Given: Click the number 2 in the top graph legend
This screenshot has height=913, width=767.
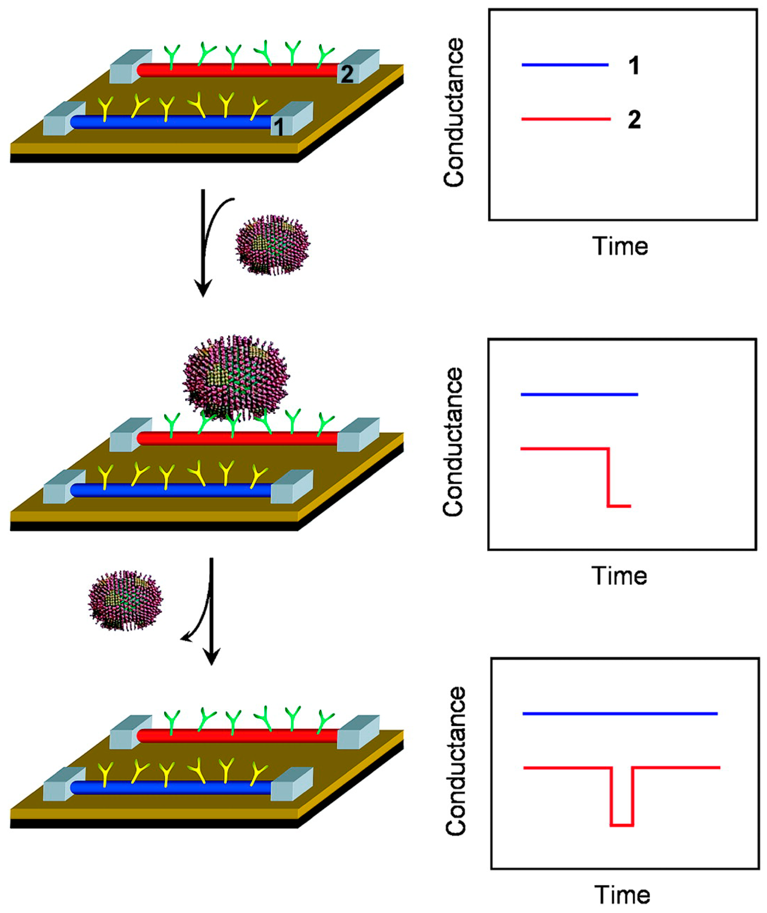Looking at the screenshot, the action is (634, 120).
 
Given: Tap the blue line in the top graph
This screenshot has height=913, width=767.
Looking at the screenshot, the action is (565, 65).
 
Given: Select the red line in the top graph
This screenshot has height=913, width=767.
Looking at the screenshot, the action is (566, 119).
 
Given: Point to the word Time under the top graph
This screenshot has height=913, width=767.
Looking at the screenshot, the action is (620, 246).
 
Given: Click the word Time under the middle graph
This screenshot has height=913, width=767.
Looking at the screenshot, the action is (619, 576).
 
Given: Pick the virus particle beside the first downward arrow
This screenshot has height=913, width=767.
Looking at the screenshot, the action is (272, 244).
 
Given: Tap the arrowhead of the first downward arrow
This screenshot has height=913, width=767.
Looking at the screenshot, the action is (203, 289).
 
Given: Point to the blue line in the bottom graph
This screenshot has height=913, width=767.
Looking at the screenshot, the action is (620, 713).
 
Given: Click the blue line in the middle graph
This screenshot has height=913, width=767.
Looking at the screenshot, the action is (579, 394).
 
